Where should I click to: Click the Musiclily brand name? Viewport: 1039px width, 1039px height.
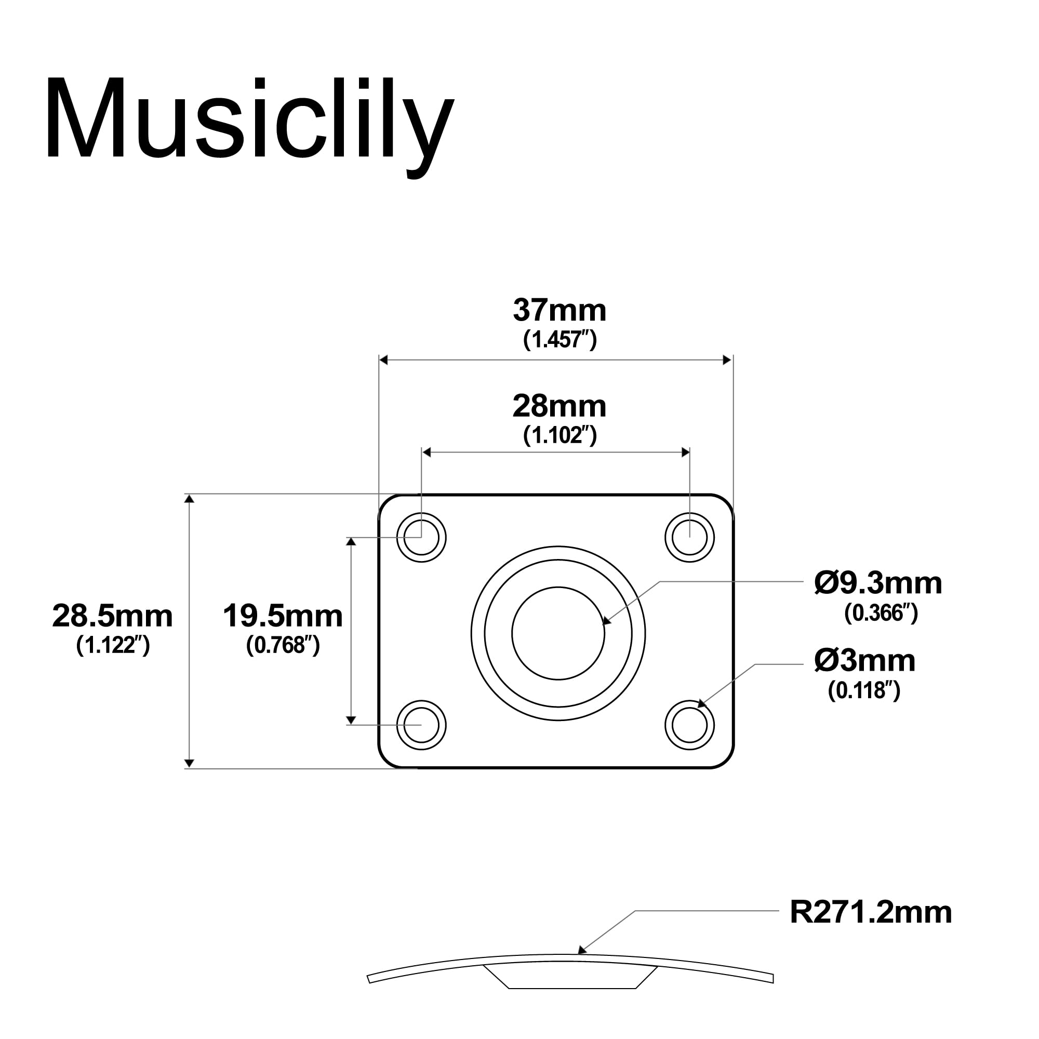(249, 121)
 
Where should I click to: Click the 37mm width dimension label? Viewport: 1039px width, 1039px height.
(560, 311)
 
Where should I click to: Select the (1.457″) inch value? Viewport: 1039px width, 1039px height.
(560, 339)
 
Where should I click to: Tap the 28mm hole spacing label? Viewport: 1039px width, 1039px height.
(560, 407)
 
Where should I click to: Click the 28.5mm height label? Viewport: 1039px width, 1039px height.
(112, 616)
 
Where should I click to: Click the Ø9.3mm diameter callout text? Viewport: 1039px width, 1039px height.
(878, 583)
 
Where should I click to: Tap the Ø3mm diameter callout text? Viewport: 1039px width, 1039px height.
(864, 661)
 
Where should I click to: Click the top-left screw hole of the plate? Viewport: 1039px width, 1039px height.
(422, 537)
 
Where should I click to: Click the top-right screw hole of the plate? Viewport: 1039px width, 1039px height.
(689, 537)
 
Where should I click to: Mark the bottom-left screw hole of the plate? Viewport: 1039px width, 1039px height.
(422, 725)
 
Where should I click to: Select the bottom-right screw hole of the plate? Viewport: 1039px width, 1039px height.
(689, 725)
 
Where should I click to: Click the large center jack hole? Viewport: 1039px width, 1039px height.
(558, 633)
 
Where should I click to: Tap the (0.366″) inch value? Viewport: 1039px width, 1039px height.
(881, 612)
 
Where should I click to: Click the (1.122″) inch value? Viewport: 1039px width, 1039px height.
(112, 645)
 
